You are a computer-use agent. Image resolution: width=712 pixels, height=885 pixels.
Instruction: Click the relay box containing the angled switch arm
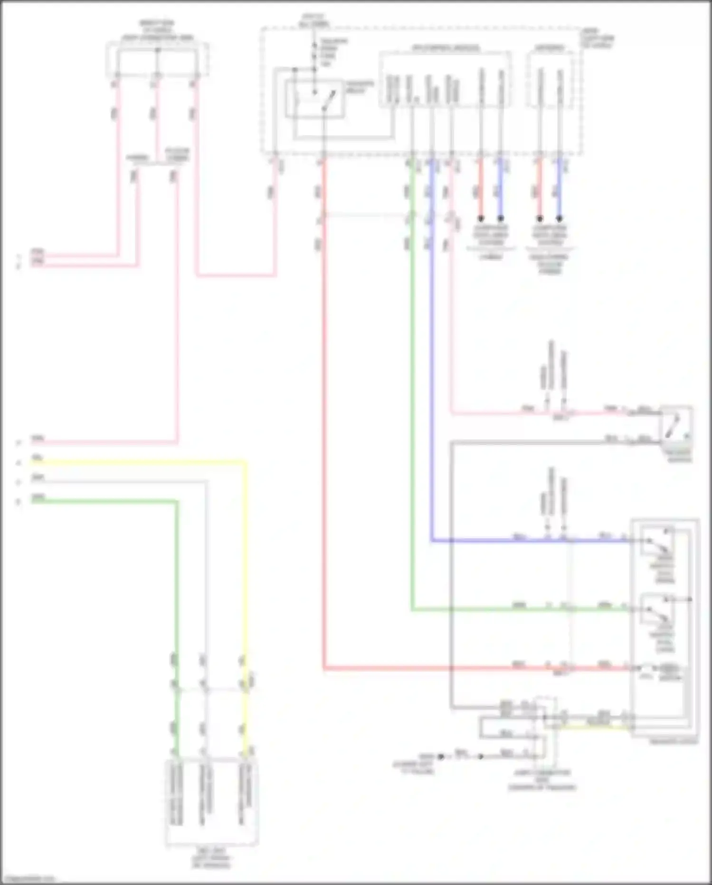[x=314, y=99]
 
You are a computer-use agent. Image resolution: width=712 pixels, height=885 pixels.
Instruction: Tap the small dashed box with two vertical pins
[x=550, y=79]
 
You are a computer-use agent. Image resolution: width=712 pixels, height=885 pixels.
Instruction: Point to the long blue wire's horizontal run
[x=527, y=541]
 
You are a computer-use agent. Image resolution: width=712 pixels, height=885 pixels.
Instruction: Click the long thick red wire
[x=324, y=428]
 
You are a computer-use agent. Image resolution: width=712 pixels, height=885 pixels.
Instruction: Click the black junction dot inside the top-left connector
[x=158, y=50]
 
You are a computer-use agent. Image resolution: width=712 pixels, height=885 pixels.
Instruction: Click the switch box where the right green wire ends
[x=657, y=609]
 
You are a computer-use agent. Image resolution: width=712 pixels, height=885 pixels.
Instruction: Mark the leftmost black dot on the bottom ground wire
[x=441, y=756]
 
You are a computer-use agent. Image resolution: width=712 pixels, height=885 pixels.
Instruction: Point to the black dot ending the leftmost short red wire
[x=481, y=219]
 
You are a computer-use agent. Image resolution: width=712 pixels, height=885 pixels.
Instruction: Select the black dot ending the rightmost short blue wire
[x=560, y=219]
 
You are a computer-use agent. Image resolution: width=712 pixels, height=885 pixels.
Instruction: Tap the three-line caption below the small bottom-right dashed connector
[x=542, y=780]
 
